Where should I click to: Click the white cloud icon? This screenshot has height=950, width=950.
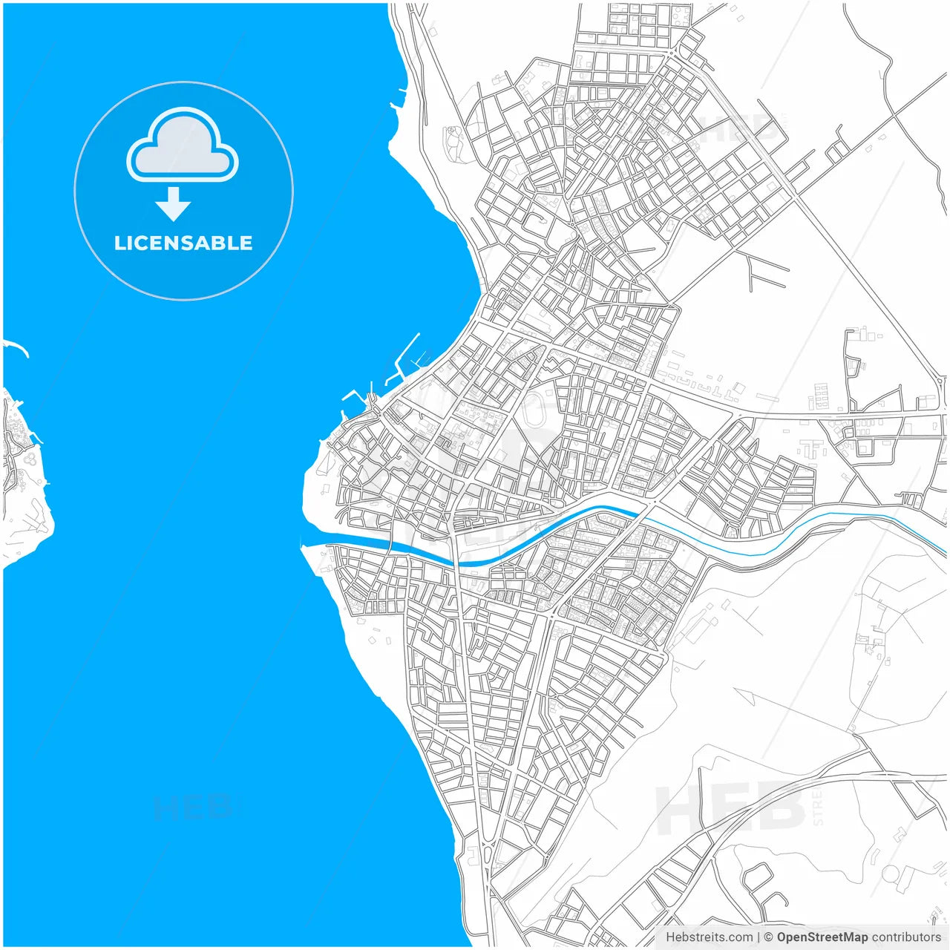coord(183,145)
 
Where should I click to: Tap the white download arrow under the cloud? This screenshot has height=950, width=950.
coord(174,204)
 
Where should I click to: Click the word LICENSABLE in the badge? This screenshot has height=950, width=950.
coord(183,243)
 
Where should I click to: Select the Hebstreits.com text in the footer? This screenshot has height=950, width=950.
coord(709,937)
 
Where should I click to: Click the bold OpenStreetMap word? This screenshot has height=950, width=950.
coord(822,937)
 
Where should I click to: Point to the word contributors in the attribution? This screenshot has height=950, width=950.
coord(906,937)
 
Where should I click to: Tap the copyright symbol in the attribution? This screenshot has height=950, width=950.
coord(769,937)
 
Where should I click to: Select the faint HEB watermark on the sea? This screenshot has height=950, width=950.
coord(193,807)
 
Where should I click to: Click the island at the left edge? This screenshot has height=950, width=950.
coord(22,475)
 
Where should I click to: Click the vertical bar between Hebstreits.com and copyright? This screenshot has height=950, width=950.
coord(758,937)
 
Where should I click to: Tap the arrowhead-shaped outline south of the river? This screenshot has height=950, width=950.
coord(746,696)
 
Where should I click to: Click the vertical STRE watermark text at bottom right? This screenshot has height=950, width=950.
coord(816,808)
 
